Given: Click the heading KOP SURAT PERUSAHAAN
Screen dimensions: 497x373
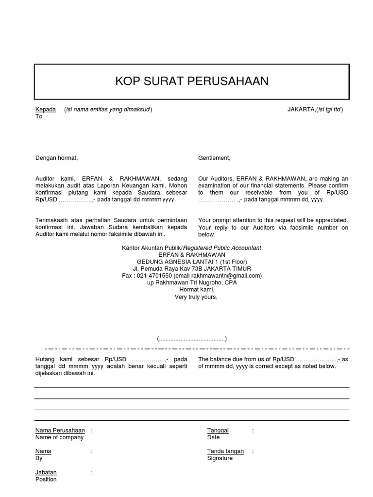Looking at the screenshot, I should [x=192, y=81].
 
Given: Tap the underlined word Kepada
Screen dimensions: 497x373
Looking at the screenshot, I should [x=46, y=110].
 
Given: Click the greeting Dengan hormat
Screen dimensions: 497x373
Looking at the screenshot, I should [x=56, y=158].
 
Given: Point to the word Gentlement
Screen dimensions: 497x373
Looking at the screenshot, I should [x=214, y=158].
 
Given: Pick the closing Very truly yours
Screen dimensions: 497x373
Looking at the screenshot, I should [x=196, y=297].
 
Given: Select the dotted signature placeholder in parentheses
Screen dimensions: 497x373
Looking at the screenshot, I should [x=191, y=339].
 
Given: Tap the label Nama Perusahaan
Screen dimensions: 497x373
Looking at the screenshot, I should [x=60, y=431].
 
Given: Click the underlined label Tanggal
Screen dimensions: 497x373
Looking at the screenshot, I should [x=218, y=431].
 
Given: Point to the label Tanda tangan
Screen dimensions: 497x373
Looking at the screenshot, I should [x=225, y=451].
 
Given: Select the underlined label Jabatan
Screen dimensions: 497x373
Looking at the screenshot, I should [x=46, y=472].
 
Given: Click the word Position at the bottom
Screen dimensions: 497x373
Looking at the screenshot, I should [x=46, y=480].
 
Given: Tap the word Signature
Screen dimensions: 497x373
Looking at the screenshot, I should [x=220, y=458].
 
